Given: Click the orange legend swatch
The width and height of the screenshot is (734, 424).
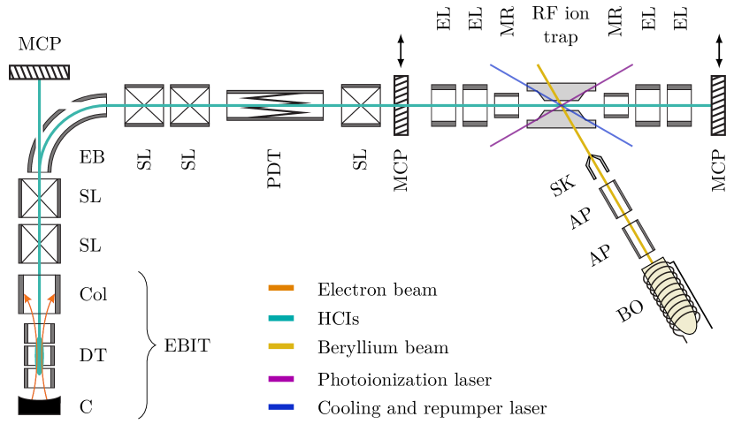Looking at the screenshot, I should point(281,287).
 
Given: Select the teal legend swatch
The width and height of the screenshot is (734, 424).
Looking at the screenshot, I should point(281,318).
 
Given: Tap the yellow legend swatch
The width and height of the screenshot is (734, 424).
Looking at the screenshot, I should point(281,346).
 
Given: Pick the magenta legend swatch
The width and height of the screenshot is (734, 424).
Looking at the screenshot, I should point(281,379).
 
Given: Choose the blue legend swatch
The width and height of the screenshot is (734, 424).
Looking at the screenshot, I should point(281,406).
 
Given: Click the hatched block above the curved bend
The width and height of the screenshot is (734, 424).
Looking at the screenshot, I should point(39,72).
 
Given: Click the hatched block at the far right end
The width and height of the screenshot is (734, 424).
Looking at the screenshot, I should point(718,105).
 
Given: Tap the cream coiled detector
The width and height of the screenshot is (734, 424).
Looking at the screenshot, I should point(672,299).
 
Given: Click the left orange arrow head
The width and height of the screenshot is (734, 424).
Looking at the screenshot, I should point(27,298).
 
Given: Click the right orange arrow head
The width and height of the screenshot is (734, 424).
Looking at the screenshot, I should point(51,298).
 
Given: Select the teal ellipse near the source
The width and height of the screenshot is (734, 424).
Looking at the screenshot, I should point(39,355).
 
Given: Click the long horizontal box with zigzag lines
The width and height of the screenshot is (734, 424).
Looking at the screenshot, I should point(274,105).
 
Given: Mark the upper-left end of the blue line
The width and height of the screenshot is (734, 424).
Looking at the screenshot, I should point(491,64).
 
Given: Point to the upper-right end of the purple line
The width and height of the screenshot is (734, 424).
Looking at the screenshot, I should point(631,64).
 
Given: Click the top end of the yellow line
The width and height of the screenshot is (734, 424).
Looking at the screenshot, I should point(538,64).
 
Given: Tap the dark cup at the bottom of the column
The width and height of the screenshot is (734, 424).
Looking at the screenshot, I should point(39,405).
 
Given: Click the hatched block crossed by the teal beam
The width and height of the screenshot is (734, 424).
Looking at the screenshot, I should point(401,105).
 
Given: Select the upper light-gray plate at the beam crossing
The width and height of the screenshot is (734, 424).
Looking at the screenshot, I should point(561,90).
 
